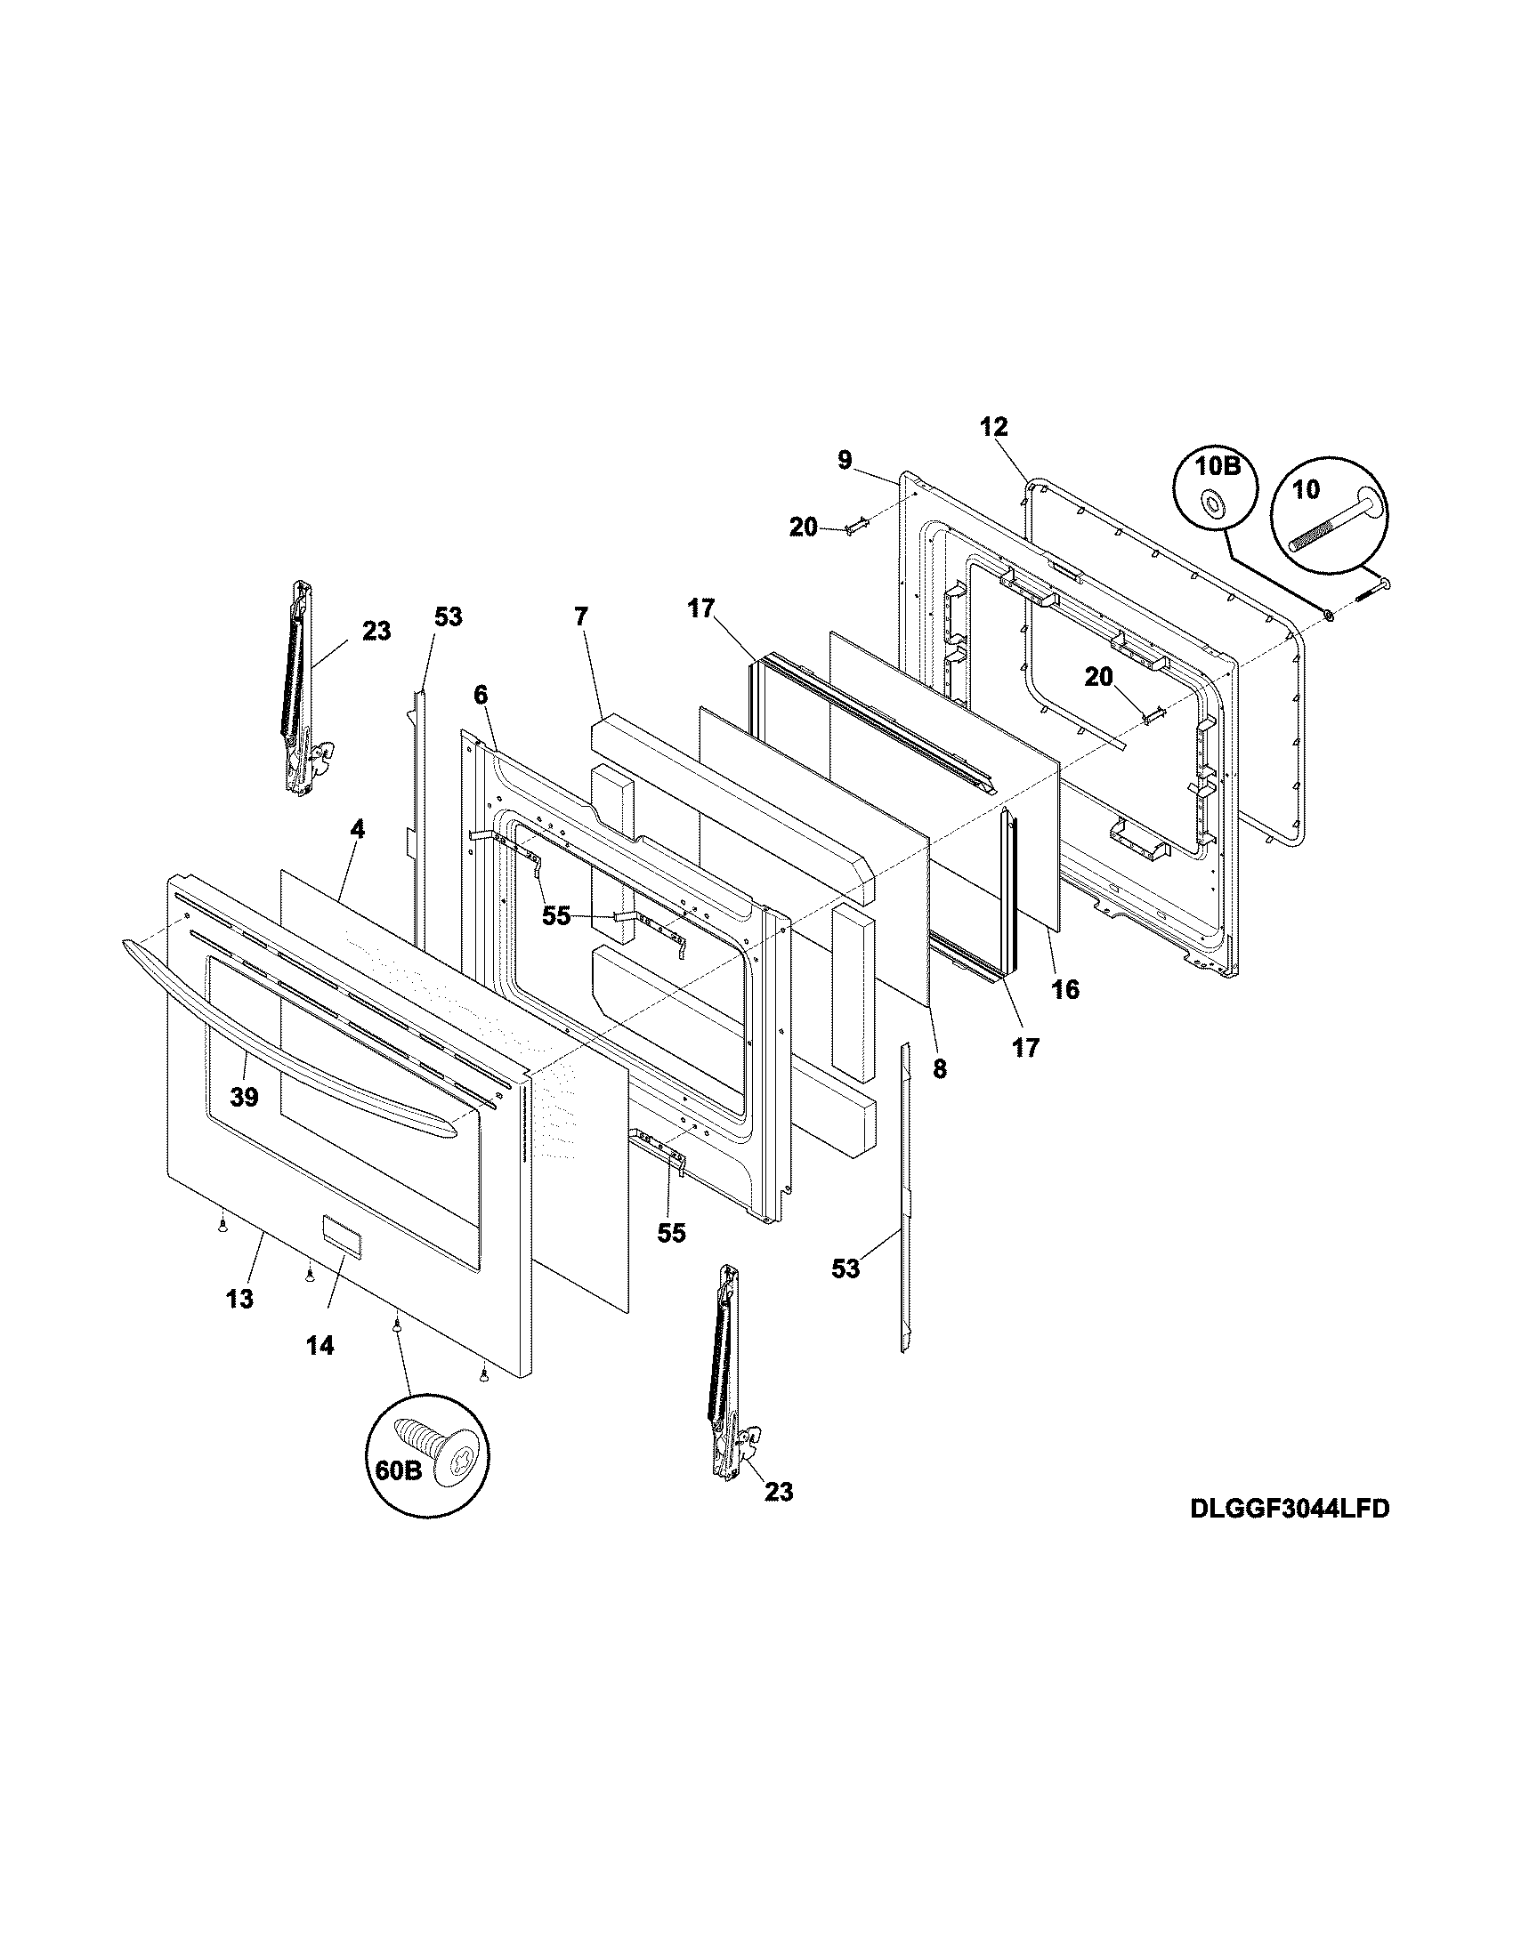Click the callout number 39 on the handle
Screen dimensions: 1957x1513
pyautogui.click(x=244, y=1097)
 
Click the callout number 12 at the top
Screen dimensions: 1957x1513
pyautogui.click(x=994, y=426)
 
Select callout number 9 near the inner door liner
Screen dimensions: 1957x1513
pyautogui.click(x=845, y=461)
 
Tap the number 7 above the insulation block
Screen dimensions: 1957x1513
pyautogui.click(x=582, y=616)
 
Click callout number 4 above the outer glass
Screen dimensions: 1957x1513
pyautogui.click(x=357, y=830)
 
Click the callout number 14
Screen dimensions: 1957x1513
pyautogui.click(x=320, y=1345)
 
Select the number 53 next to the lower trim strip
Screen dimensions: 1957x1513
pyautogui.click(x=845, y=1268)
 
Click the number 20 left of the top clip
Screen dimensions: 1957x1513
pyautogui.click(x=803, y=528)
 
